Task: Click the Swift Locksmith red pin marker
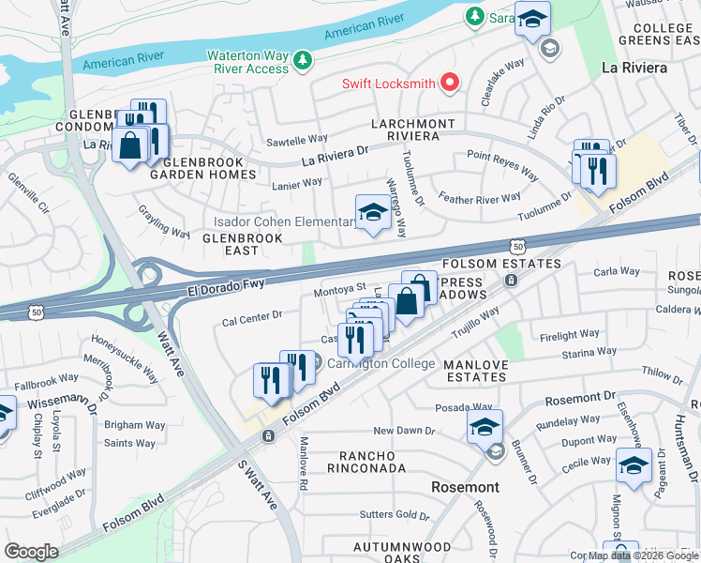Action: click(x=450, y=83)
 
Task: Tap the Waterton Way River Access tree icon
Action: click(x=302, y=61)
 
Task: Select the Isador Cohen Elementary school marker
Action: click(x=372, y=213)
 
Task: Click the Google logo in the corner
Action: click(x=31, y=552)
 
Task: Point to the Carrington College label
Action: click(x=380, y=363)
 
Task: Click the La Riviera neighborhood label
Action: click(x=634, y=68)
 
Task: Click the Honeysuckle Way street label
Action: click(x=139, y=362)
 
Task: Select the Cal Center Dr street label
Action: click(x=252, y=316)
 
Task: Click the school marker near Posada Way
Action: click(x=485, y=428)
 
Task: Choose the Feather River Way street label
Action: click(x=480, y=198)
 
